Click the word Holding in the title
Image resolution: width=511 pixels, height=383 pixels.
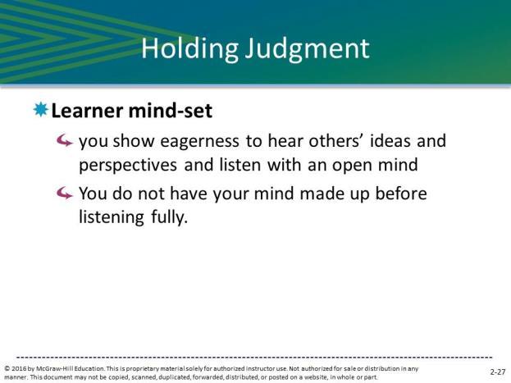pos(189,49)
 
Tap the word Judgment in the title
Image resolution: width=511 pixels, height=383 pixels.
pos(308,49)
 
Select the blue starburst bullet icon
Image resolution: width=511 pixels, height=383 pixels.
pos(41,109)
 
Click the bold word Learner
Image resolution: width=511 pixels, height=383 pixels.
pos(87,111)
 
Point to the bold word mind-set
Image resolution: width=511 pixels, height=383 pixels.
pos(171,111)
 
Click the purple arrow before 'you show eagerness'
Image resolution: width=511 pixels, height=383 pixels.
pos(64,141)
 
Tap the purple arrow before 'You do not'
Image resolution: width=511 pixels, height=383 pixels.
pos(64,194)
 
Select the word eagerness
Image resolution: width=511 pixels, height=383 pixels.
pos(199,142)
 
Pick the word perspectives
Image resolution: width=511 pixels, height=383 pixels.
pos(128,166)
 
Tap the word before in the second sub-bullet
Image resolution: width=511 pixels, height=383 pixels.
pos(401,194)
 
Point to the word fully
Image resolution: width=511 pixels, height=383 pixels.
pos(170,217)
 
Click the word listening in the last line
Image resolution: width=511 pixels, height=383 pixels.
pos(112,217)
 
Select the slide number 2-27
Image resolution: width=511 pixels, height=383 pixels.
pos(498,372)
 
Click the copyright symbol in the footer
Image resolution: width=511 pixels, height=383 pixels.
pos(7,369)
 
